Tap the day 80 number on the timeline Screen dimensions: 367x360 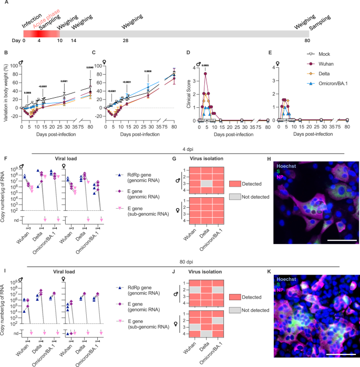(x=307, y=40)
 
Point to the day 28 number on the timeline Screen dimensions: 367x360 (x=126, y=40)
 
